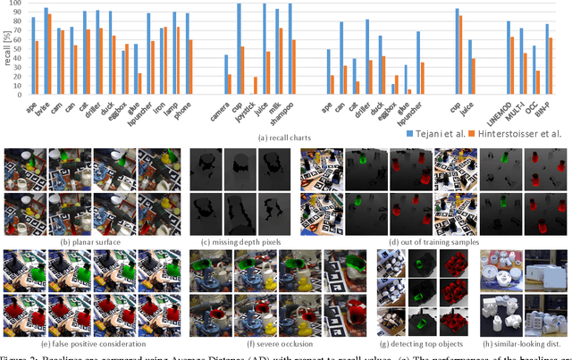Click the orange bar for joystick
[x=256, y=85]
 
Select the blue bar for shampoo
[x=290, y=49]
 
